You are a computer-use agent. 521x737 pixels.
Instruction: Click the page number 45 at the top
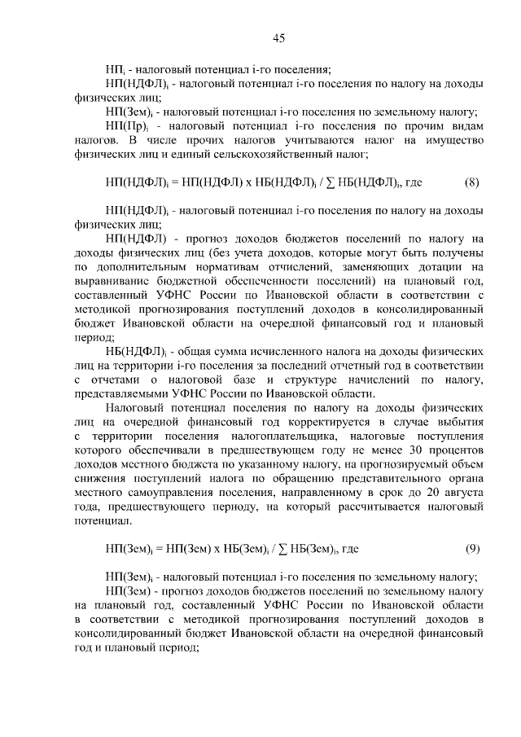coord(278,38)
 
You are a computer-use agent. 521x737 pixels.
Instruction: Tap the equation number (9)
coord(471,549)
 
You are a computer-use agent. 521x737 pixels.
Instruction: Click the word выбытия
coord(462,422)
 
